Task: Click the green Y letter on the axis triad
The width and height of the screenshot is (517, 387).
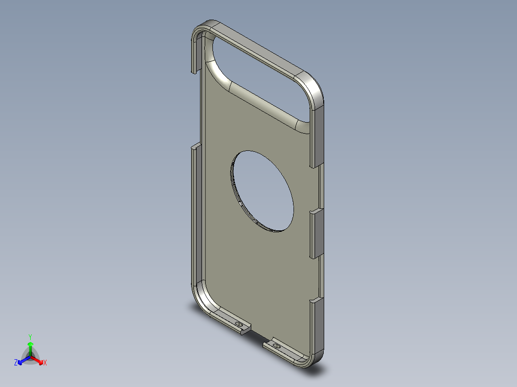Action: [30, 336]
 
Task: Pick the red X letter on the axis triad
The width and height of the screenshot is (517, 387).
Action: [45, 363]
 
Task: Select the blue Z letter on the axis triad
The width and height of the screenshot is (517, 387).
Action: [16, 363]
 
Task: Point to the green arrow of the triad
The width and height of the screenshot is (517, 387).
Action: [30, 347]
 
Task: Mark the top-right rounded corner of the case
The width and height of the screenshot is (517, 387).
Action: [312, 89]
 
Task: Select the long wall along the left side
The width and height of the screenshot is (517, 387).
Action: [195, 216]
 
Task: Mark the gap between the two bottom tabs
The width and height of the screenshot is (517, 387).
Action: [257, 335]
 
